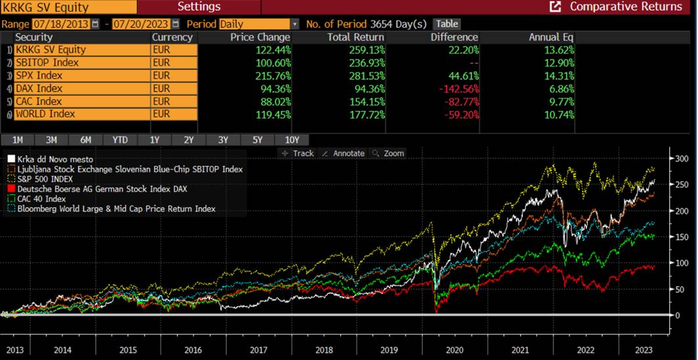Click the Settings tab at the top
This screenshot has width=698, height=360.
(x=199, y=7)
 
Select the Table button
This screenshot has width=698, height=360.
(x=447, y=24)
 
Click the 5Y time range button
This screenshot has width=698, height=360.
(x=257, y=140)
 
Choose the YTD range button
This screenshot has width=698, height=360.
(x=120, y=140)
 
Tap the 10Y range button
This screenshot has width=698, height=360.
(x=292, y=140)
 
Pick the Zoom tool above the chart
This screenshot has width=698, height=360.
(x=388, y=153)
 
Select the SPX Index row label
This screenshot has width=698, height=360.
(x=40, y=75)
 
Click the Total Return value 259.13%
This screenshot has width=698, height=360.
(x=349, y=50)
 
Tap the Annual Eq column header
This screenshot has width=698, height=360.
(x=552, y=37)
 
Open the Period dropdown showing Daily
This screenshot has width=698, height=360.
(x=258, y=24)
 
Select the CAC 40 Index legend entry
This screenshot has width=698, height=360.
(x=40, y=199)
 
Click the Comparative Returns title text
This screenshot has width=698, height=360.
(x=625, y=7)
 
